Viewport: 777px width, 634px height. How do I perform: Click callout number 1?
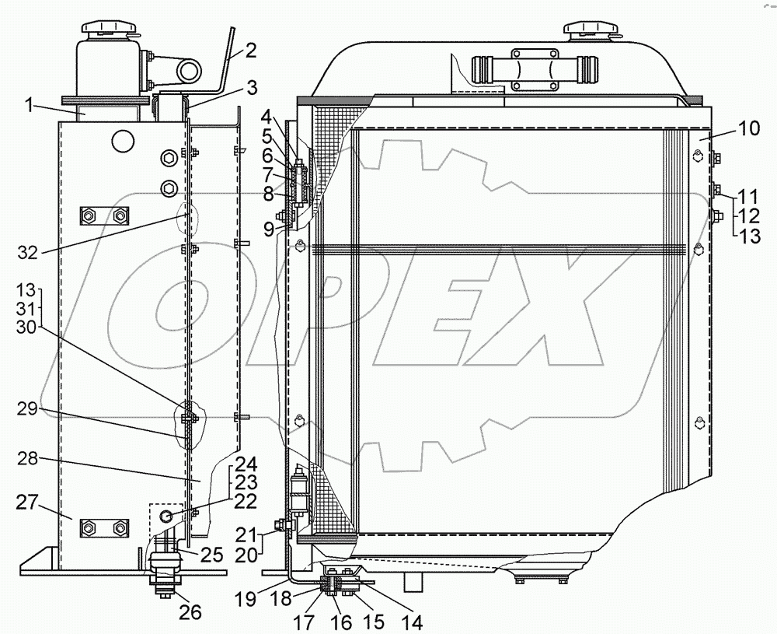tap(30, 105)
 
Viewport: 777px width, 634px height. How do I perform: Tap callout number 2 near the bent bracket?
tap(251, 51)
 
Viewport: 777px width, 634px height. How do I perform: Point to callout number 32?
tap(28, 253)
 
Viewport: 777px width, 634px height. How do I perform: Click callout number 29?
tap(28, 410)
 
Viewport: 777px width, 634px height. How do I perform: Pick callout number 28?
tap(28, 459)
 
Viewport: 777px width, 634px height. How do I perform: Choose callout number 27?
tap(26, 503)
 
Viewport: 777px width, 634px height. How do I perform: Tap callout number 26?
tap(190, 612)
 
